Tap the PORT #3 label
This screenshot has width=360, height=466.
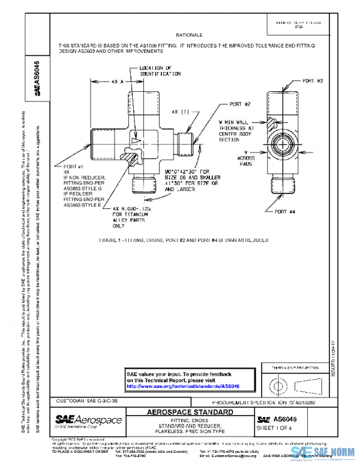(x=313, y=80)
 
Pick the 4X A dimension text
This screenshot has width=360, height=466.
(x=113, y=80)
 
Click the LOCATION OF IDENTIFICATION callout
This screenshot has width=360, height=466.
(x=160, y=71)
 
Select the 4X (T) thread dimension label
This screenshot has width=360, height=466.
(x=179, y=112)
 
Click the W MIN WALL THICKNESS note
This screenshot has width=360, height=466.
(x=236, y=131)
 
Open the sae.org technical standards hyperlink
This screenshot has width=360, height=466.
(x=183, y=386)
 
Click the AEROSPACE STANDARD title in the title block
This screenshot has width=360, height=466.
(x=190, y=413)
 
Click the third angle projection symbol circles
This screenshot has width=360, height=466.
(x=278, y=384)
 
